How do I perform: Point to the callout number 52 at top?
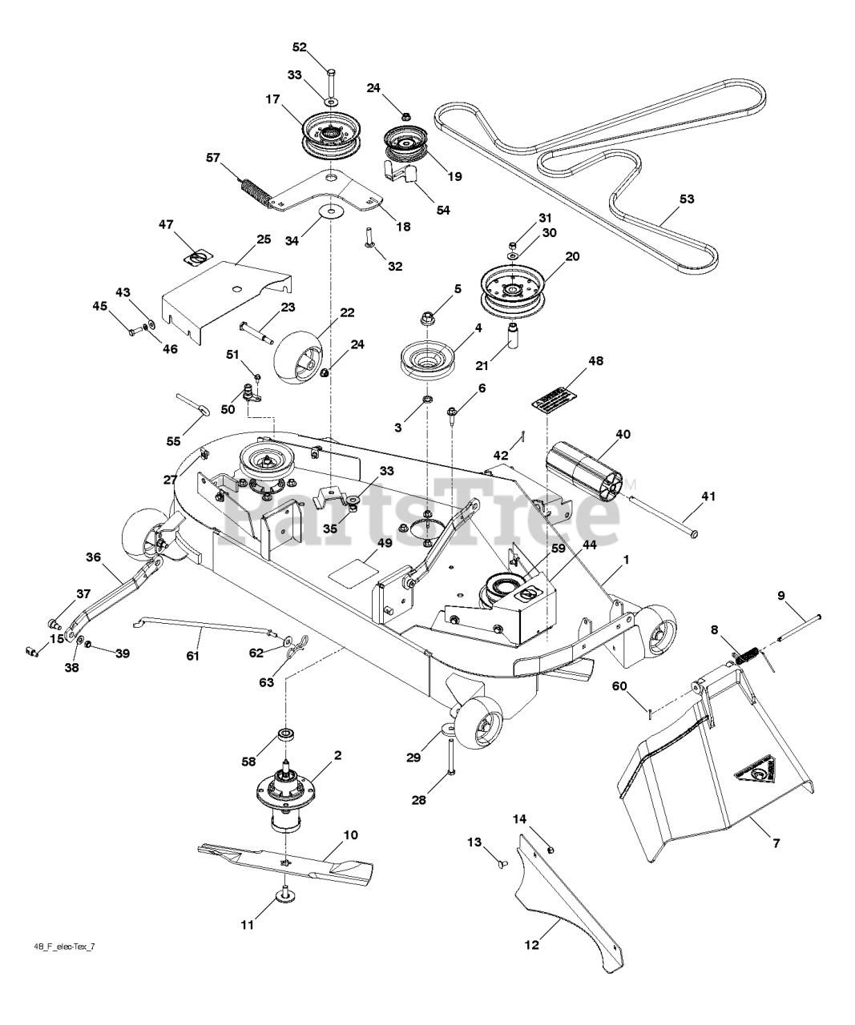click(x=299, y=47)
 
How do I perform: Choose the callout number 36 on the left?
click(x=94, y=557)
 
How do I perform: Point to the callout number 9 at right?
click(x=780, y=595)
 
